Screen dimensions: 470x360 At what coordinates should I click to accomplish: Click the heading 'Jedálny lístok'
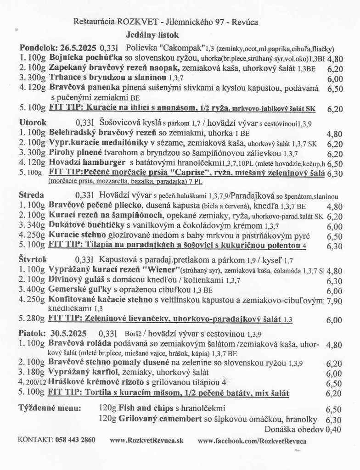pos(152,34)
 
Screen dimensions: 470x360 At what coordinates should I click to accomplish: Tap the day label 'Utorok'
pos(33,123)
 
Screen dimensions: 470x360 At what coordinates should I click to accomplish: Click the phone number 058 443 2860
pos(75,440)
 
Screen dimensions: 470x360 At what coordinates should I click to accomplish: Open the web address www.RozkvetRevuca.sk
pos(146,440)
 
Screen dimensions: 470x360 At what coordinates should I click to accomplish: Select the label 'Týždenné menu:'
pos(50,408)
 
